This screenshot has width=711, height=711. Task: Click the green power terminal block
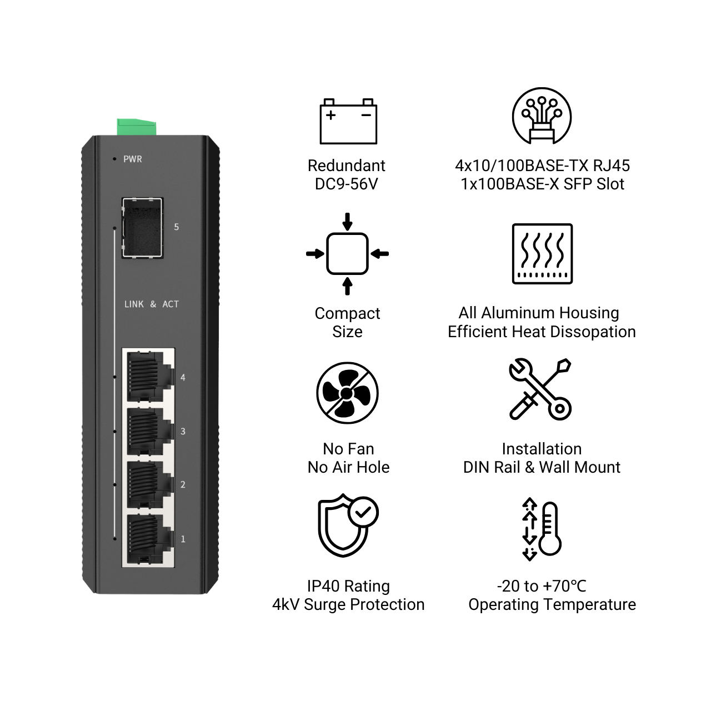137,127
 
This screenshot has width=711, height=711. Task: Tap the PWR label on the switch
132,159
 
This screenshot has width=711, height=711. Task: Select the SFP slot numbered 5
142,228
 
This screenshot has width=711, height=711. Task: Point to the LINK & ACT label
151,304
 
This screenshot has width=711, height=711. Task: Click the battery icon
348,121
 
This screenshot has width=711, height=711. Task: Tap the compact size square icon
347,254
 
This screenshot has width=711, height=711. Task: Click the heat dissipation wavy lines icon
542,254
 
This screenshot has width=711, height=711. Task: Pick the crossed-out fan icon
347,393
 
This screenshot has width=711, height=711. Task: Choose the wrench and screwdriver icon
540,389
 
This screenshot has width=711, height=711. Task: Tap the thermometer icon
542,529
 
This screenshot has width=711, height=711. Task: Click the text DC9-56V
347,184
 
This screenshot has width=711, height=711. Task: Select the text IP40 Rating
348,586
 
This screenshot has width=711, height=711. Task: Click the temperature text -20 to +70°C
541,586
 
